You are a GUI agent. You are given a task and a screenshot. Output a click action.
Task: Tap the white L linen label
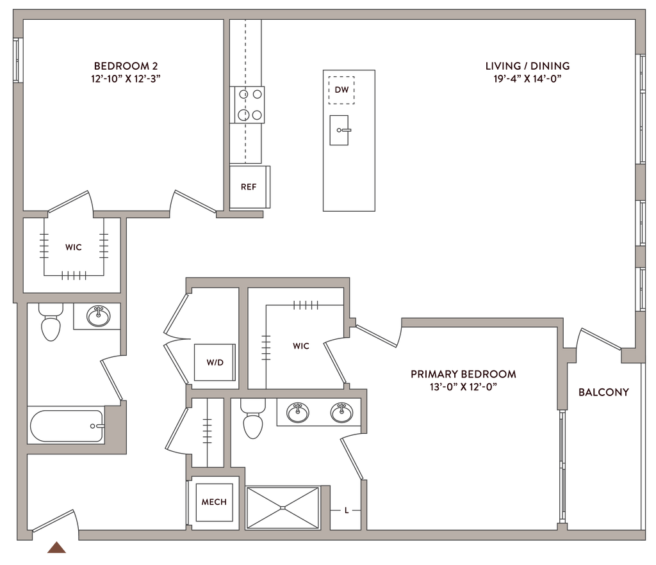[x=346, y=510]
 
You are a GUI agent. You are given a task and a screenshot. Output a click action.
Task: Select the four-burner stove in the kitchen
[x=248, y=104]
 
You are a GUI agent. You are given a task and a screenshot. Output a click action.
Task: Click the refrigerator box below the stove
[x=249, y=186]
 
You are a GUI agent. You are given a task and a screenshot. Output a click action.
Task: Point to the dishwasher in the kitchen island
[x=341, y=89]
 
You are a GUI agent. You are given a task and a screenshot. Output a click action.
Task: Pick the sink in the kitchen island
[x=341, y=130]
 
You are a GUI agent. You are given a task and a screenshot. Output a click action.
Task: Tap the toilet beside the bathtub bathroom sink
[x=51, y=322]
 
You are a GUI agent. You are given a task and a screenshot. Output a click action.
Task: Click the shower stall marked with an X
[x=283, y=507]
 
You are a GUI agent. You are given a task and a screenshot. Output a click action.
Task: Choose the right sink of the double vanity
[x=340, y=413]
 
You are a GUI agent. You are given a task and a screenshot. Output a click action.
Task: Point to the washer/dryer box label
[x=215, y=362]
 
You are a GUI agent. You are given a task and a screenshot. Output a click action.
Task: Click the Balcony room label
[x=604, y=392]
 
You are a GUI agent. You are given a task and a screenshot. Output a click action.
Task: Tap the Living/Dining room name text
[x=527, y=66]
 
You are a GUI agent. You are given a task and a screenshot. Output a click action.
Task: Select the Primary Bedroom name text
[x=464, y=374]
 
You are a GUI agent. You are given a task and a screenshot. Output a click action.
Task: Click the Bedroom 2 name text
[x=126, y=65]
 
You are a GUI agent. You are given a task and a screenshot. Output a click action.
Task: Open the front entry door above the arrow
[x=54, y=520]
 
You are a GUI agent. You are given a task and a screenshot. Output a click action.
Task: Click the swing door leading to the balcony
[x=599, y=339]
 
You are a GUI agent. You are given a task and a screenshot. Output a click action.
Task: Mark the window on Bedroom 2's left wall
[x=19, y=61]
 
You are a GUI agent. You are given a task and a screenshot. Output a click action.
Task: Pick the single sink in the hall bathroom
[x=98, y=315]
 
